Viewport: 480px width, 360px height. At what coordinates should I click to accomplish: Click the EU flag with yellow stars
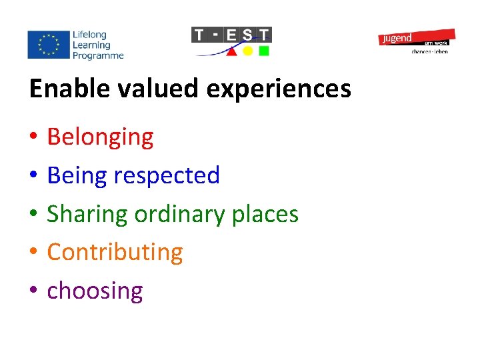pos(48,45)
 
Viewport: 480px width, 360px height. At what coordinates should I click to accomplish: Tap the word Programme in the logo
pos(99,56)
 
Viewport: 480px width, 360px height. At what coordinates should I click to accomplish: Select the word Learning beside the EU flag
pos(92,45)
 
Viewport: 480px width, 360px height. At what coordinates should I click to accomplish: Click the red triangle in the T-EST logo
pos(231,51)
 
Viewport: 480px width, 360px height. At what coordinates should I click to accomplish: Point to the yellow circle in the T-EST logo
pos(247,51)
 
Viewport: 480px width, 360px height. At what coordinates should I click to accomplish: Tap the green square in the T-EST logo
pos(264,51)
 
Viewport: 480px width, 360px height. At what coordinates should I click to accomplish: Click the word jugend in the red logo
pos(397,39)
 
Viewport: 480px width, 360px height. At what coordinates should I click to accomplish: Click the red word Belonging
pos(100,137)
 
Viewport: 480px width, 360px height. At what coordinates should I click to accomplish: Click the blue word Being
pos(77,175)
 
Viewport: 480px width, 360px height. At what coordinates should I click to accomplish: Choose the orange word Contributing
pos(115,252)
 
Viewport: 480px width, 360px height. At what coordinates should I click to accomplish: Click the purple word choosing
pos(95,291)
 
